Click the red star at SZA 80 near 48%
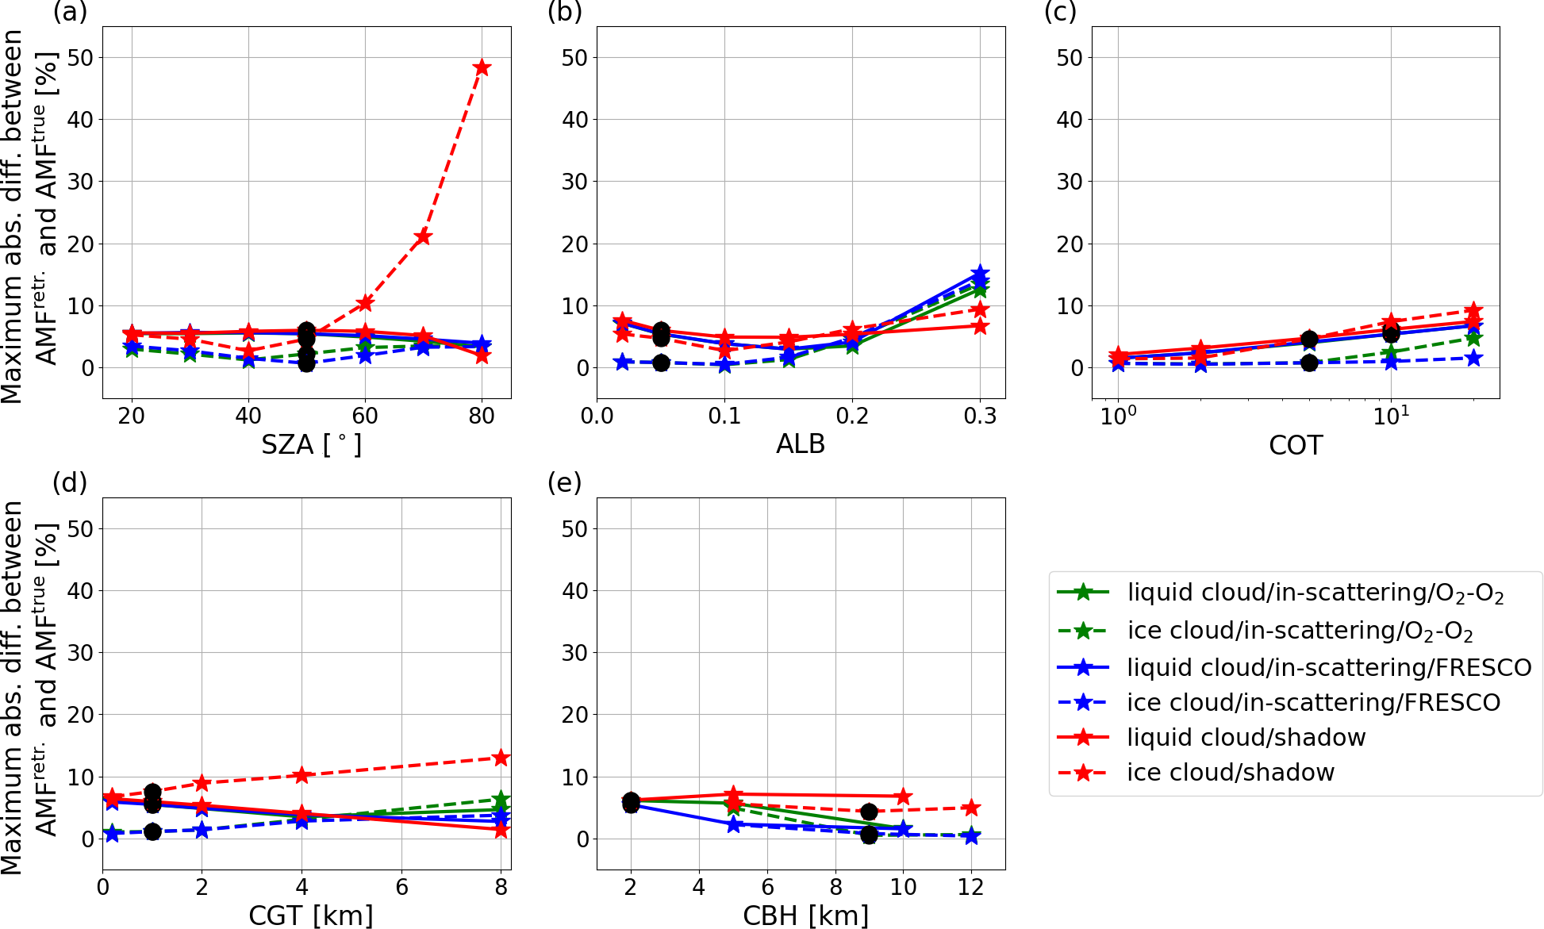(482, 67)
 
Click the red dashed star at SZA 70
(423, 236)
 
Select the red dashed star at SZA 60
(365, 303)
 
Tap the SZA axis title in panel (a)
(311, 444)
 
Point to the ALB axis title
(801, 444)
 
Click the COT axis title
(1296, 445)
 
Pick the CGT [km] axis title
(311, 916)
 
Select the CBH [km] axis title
(805, 916)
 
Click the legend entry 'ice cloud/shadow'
(1231, 772)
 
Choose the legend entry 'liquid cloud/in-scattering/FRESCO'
(1329, 667)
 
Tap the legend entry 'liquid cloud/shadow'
(1246, 737)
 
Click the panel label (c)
(1060, 12)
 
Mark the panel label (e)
(564, 482)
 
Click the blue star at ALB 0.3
(981, 274)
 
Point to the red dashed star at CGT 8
(501, 758)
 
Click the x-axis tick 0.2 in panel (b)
(852, 417)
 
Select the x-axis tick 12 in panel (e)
(970, 887)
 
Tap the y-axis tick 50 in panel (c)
(1070, 58)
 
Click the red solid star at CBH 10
(903, 796)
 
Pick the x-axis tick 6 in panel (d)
(401, 887)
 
